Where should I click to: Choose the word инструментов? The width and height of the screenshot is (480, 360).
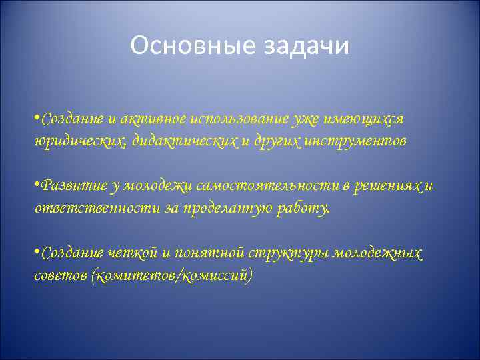(355, 141)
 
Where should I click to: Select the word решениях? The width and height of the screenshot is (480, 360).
(386, 186)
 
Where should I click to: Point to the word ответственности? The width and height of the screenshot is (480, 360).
(93, 208)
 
